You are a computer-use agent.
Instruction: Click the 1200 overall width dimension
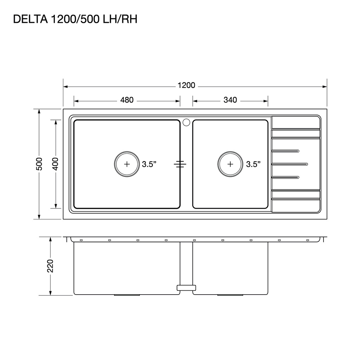pyautogui.click(x=186, y=85)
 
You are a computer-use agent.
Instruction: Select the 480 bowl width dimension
pyautogui.click(x=127, y=100)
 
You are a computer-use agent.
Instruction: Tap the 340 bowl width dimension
pyautogui.click(x=230, y=100)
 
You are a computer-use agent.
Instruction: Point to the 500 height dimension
pyautogui.click(x=39, y=164)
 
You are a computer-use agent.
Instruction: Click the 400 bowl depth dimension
pyautogui.click(x=56, y=164)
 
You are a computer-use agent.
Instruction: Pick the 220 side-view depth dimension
pyautogui.click(x=50, y=266)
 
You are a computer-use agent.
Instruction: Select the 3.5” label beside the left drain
pyautogui.click(x=149, y=164)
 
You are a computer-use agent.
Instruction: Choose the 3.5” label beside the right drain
pyautogui.click(x=253, y=164)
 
